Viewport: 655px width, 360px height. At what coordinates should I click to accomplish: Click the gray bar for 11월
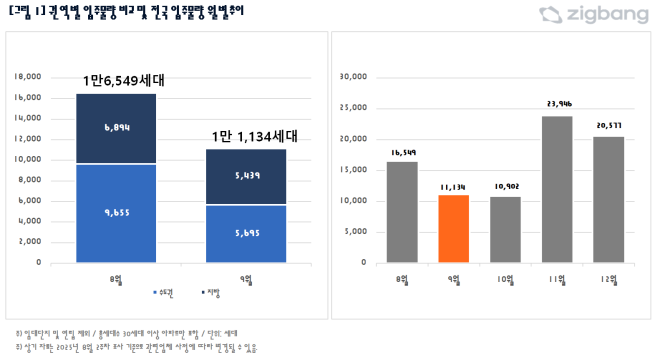(557, 189)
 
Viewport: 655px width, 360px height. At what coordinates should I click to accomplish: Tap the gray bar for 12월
(608, 199)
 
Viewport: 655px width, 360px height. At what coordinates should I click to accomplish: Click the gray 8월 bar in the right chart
(401, 212)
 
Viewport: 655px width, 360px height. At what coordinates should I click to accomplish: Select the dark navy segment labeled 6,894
(117, 128)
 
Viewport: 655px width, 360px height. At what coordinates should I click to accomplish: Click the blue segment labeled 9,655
(117, 213)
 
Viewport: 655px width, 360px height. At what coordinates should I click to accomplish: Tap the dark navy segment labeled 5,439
(245, 177)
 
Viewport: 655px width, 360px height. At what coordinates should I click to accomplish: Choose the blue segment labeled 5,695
(245, 233)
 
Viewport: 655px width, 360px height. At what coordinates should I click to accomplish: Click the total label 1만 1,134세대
(254, 137)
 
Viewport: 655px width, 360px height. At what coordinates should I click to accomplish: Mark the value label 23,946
(557, 103)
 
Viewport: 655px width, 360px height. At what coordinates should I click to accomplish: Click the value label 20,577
(608, 125)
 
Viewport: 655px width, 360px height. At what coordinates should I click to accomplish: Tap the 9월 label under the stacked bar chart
(245, 280)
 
